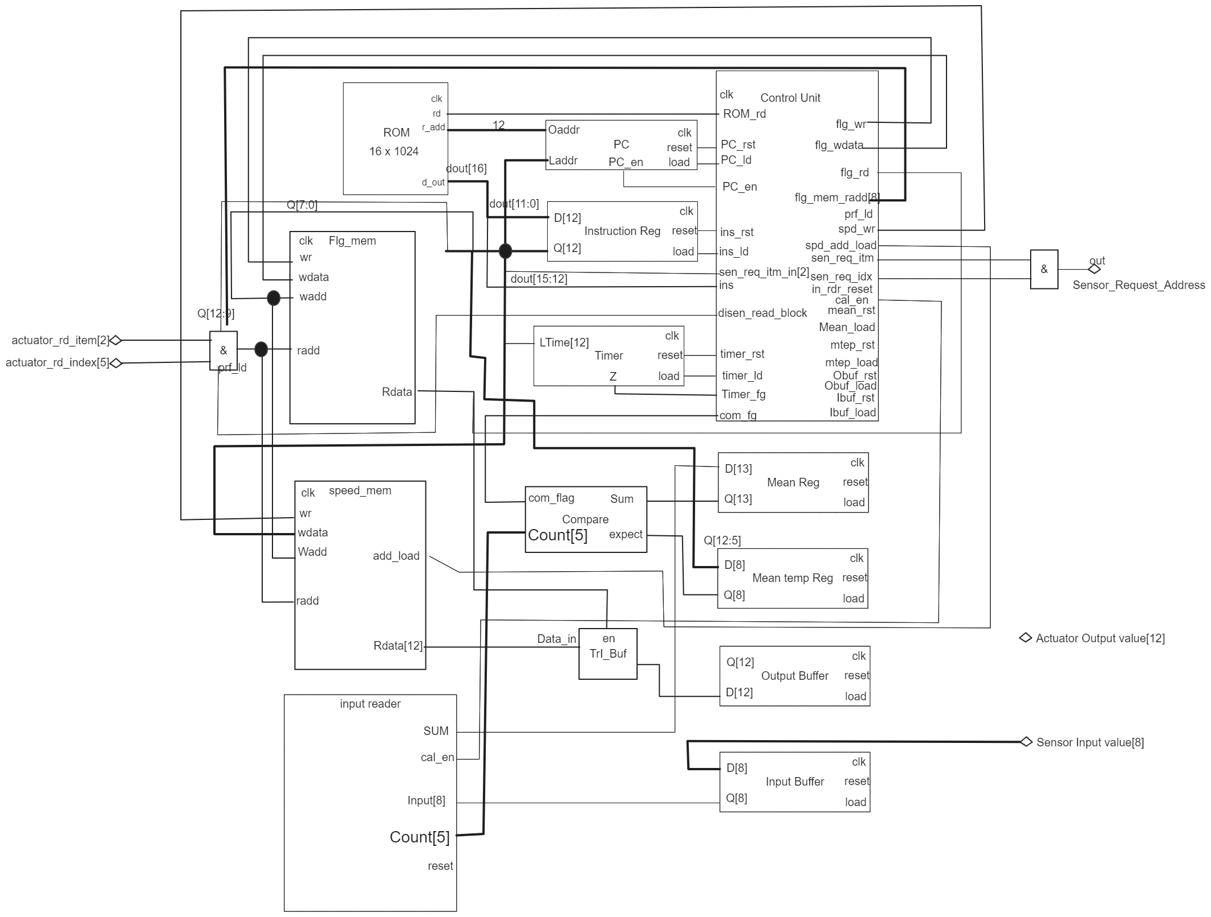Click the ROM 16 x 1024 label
pyautogui.click(x=395, y=142)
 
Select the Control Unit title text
pyautogui.click(x=790, y=98)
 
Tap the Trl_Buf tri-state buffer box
pyautogui.click(x=607, y=654)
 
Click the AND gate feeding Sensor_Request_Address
pyautogui.click(x=1043, y=269)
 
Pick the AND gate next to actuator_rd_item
pyautogui.click(x=223, y=350)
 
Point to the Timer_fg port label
pyautogui.click(x=743, y=394)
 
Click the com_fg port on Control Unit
pyautogui.click(x=738, y=415)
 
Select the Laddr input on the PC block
pyautogui.click(x=563, y=160)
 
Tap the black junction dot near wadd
pyautogui.click(x=274, y=298)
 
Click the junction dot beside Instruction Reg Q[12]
pyautogui.click(x=505, y=250)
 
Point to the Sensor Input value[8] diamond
pyautogui.click(x=1026, y=742)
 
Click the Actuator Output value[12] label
pyautogui.click(x=1100, y=638)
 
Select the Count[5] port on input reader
pyautogui.click(x=419, y=837)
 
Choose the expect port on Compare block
pyautogui.click(x=625, y=534)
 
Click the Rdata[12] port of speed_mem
pyautogui.click(x=398, y=646)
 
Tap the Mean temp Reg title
pyautogui.click(x=792, y=578)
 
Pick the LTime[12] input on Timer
pyautogui.click(x=564, y=342)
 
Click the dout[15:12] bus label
pyautogui.click(x=538, y=279)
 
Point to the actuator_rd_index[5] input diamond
pyautogui.click(x=116, y=363)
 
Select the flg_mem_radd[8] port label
pyautogui.click(x=836, y=198)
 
